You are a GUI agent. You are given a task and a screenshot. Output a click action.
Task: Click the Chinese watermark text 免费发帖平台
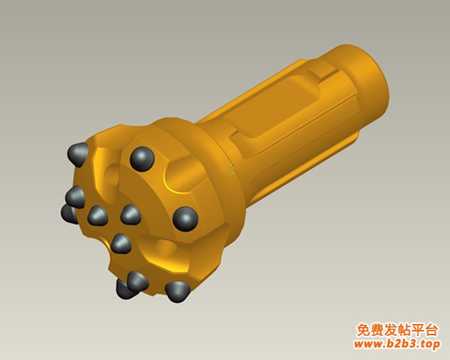pos(397,330)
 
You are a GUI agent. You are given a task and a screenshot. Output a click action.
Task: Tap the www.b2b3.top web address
pos(397,343)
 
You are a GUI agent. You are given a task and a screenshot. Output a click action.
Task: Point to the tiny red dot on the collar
pos(233,165)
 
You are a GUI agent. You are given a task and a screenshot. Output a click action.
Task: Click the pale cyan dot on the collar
pos(232,172)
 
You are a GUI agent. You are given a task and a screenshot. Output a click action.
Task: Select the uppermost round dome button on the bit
pos(142,159)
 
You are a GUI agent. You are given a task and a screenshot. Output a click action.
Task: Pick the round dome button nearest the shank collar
pos(185,219)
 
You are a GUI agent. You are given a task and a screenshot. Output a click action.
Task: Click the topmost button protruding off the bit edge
pos(78,154)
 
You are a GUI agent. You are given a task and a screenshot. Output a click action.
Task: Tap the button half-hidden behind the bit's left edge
pos(69,214)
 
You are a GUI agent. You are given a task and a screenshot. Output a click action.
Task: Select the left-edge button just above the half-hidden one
pos(75,196)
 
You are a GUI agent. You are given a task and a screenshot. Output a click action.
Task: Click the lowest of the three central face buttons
pos(121,244)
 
